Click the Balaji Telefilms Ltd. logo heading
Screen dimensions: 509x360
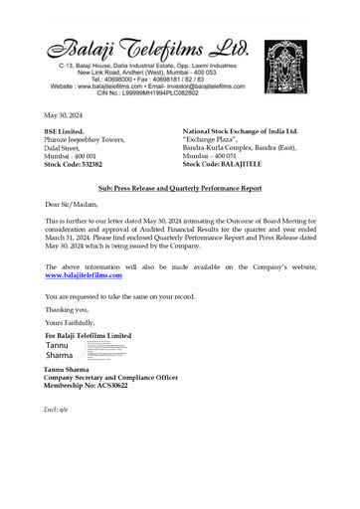pyautogui.click(x=149, y=46)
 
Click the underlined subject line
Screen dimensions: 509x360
pyautogui.click(x=179, y=186)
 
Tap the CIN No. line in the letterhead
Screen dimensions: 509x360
pyautogui.click(x=150, y=92)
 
